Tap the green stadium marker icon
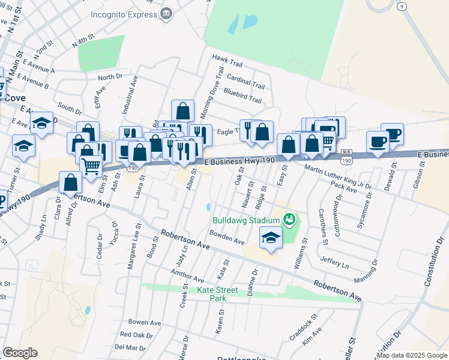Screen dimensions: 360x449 [289, 219]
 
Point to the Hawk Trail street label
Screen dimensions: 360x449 [227, 58]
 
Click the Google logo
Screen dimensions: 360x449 [20, 353]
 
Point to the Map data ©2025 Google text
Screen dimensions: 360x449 [412, 355]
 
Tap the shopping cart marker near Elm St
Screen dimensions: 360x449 [91, 166]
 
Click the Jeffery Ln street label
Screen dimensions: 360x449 [334, 262]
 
